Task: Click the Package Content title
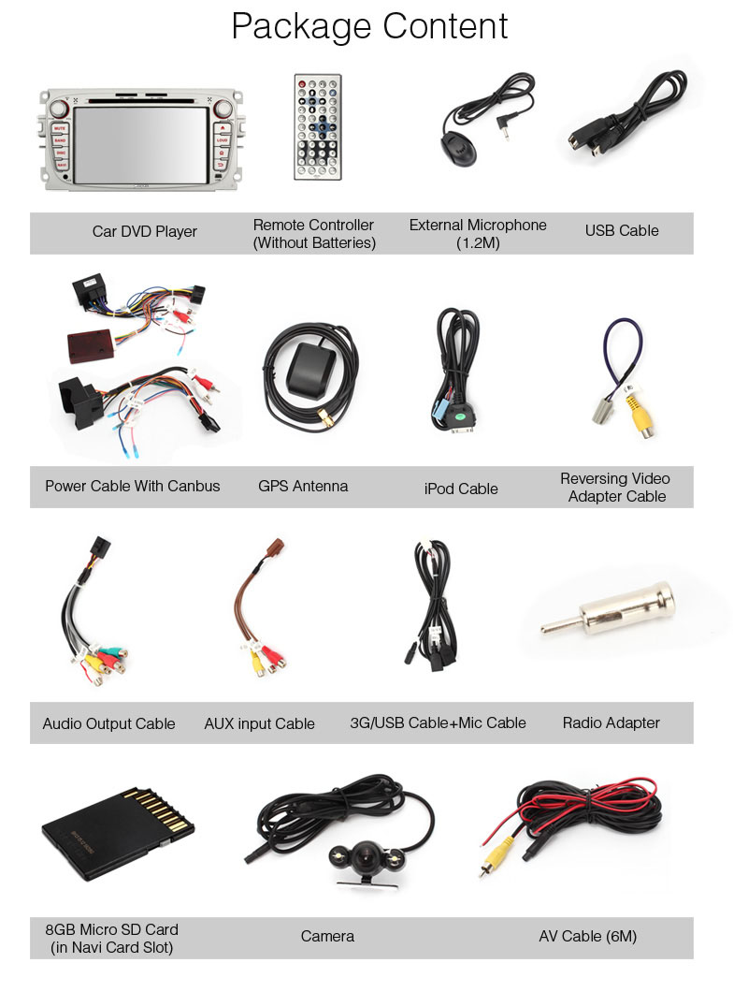pos(369,26)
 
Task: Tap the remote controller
pos(318,126)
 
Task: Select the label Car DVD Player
pos(144,231)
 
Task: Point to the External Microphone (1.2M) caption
pos(478,234)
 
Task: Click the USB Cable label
pos(622,231)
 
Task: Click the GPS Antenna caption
pos(303,487)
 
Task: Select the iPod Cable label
pos(461,489)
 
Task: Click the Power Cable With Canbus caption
pos(133,487)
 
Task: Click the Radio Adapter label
pos(611,722)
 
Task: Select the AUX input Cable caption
pos(259,723)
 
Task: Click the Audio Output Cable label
pos(108,723)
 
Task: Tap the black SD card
pos(116,832)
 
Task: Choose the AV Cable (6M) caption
pos(587,936)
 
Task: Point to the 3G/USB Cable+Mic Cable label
pos(438,722)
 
